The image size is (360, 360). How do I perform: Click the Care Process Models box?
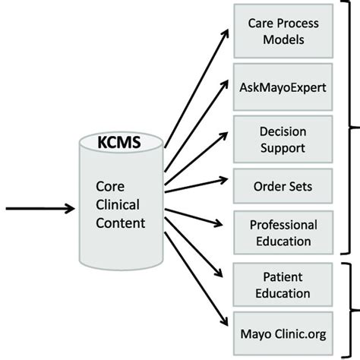click(283, 31)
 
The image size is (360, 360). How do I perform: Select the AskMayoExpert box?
click(283, 87)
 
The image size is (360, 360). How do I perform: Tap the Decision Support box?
click(283, 139)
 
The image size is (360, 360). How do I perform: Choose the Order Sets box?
click(283, 186)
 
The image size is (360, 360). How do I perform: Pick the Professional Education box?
click(283, 232)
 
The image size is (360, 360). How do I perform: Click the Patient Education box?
click(283, 285)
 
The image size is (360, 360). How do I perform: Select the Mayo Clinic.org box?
click(283, 333)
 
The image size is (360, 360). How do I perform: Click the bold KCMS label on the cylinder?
click(119, 142)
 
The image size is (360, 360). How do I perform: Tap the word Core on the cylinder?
click(110, 187)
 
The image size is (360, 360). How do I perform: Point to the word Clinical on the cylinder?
click(118, 204)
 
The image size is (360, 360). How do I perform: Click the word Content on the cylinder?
click(121, 223)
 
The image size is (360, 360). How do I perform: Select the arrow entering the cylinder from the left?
click(40, 209)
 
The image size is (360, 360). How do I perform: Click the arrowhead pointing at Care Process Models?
click(225, 34)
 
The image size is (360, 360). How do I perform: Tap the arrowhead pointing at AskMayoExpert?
click(224, 85)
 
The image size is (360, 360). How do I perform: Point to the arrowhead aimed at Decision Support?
click(223, 136)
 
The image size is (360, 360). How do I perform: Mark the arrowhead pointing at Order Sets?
click(223, 180)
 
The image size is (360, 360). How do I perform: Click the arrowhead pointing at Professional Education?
click(218, 223)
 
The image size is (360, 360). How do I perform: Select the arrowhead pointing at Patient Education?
click(219, 273)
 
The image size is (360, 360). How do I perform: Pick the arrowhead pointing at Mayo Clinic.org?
click(224, 321)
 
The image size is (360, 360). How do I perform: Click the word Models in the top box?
click(283, 39)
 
